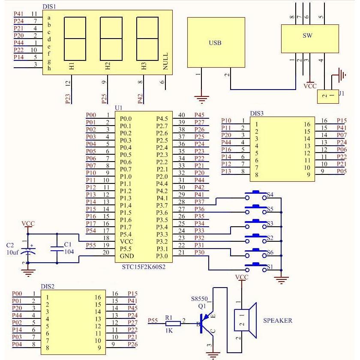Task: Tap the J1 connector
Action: (x=328, y=96)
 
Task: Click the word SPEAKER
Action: (x=277, y=320)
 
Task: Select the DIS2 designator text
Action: (x=47, y=286)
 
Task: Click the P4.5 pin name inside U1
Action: (x=162, y=119)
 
